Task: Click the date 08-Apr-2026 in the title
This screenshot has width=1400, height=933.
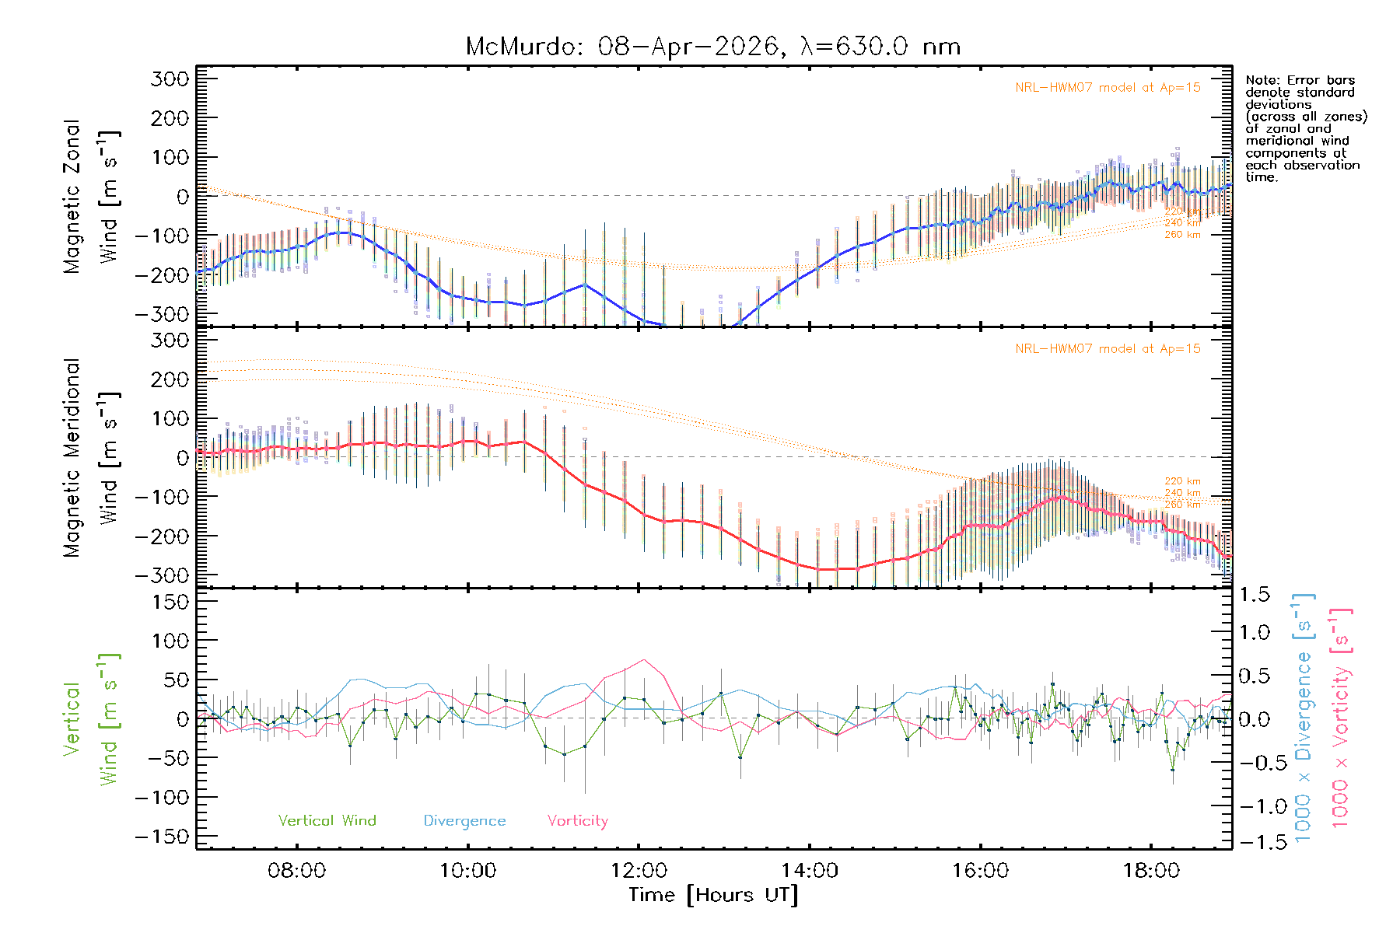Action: (688, 47)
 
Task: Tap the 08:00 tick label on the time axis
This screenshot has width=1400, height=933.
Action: (296, 871)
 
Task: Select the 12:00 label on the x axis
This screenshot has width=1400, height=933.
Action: (639, 871)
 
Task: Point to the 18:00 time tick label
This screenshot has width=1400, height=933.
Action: (1151, 871)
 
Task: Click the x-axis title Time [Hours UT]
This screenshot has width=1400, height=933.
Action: (713, 895)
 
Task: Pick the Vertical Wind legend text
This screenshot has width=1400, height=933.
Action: (327, 820)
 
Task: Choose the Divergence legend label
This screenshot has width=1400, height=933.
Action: (464, 820)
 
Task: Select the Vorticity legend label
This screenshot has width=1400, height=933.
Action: (577, 820)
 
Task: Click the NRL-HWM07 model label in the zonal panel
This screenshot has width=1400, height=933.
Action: (1108, 88)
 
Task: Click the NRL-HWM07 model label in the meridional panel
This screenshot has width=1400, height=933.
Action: (1108, 349)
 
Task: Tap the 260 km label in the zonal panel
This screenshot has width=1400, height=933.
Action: (1182, 235)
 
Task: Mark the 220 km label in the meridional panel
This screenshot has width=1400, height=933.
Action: (1182, 481)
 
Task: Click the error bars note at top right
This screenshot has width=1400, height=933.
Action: (1305, 128)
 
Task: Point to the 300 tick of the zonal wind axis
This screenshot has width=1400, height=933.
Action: (170, 79)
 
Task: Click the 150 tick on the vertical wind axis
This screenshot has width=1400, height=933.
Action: (170, 602)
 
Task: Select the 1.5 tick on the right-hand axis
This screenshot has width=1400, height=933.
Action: (1255, 595)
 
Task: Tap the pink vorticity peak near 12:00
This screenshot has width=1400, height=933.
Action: (644, 660)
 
